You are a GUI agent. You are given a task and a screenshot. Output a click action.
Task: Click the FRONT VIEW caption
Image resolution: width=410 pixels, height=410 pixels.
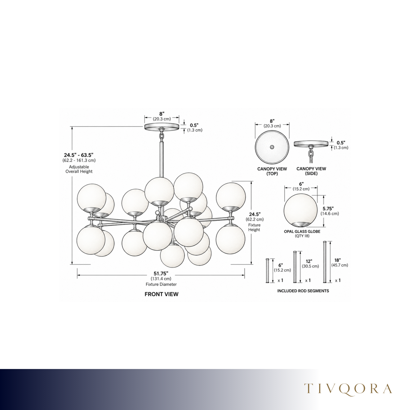click(x=162, y=294)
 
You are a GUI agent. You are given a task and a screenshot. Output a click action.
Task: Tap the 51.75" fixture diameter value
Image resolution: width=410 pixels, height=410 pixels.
click(x=161, y=273)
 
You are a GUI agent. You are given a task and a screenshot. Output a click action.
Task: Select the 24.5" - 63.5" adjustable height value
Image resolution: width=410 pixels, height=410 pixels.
click(x=79, y=155)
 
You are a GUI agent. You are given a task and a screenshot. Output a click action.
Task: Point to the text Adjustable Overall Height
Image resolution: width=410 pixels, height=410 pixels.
click(x=79, y=169)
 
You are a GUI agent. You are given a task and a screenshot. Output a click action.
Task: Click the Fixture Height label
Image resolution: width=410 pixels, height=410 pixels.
click(x=254, y=227)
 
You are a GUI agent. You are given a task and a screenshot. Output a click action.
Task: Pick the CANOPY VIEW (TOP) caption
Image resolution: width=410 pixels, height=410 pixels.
click(x=272, y=171)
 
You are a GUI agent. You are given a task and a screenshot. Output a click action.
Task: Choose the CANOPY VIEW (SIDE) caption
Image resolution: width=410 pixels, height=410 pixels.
click(x=311, y=171)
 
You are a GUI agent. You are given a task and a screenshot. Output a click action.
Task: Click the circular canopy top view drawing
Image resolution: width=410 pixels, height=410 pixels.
click(x=272, y=147)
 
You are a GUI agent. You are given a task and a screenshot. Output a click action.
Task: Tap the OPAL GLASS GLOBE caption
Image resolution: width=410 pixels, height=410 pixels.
click(x=302, y=232)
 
